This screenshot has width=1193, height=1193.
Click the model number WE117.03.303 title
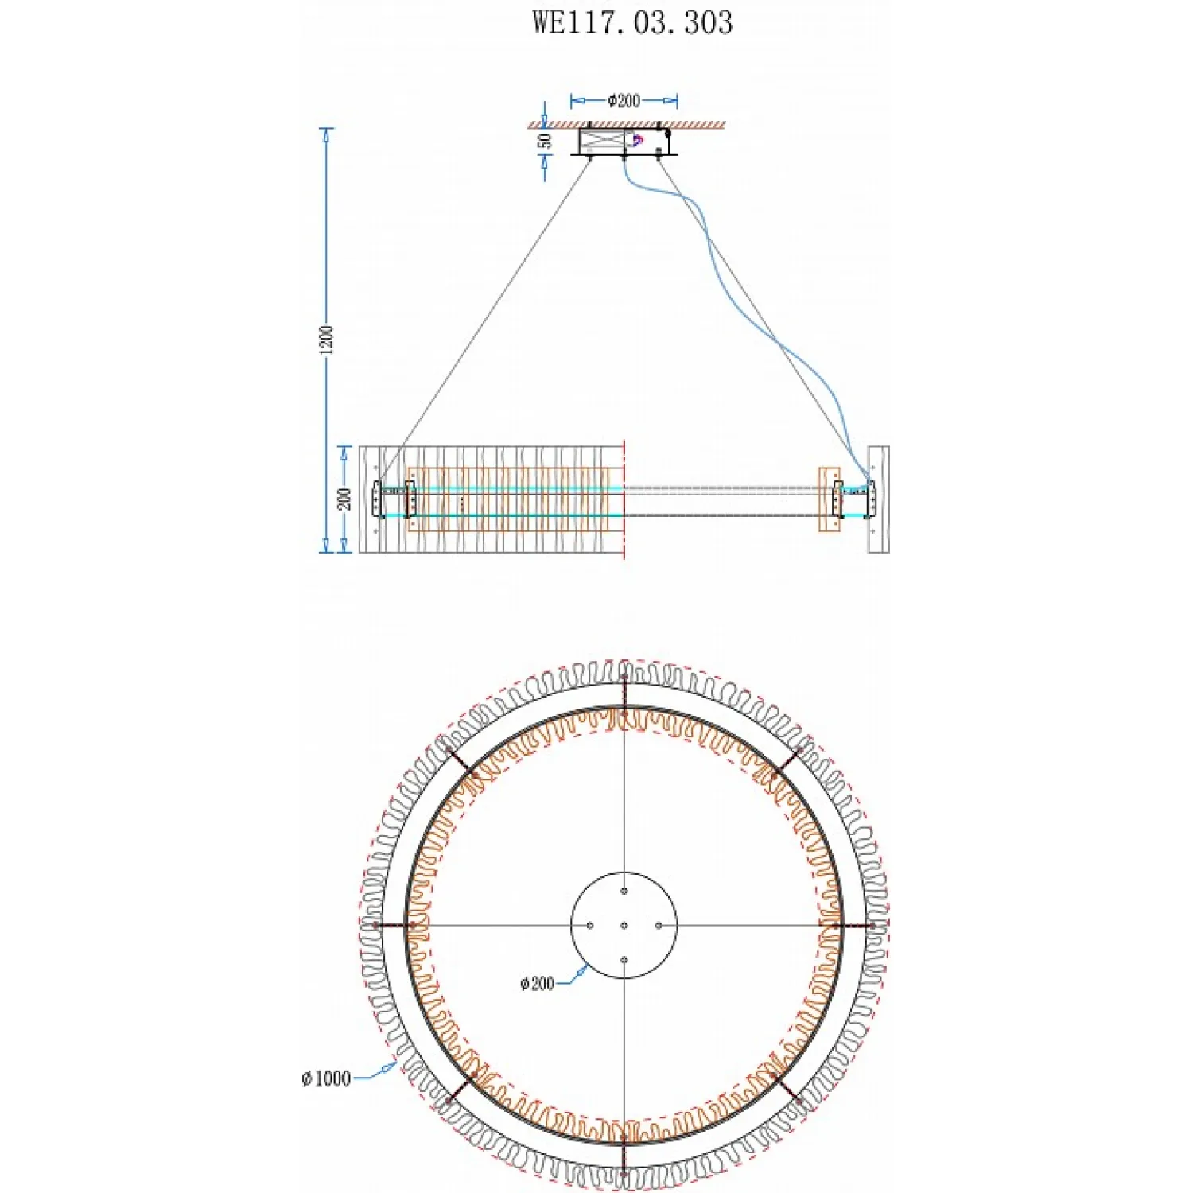point(632,22)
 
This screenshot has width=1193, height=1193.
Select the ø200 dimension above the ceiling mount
point(624,100)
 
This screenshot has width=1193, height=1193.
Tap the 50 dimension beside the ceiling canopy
point(545,141)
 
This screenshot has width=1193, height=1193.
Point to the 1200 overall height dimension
point(327,340)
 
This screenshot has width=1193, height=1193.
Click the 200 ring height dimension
point(344,499)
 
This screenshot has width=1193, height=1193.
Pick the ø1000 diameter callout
point(326,1078)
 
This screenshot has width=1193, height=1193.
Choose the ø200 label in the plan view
point(537,984)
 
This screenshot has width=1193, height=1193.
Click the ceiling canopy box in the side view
point(624,142)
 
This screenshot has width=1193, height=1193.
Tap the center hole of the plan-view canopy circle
point(624,926)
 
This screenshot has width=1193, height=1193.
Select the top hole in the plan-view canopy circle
point(624,891)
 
